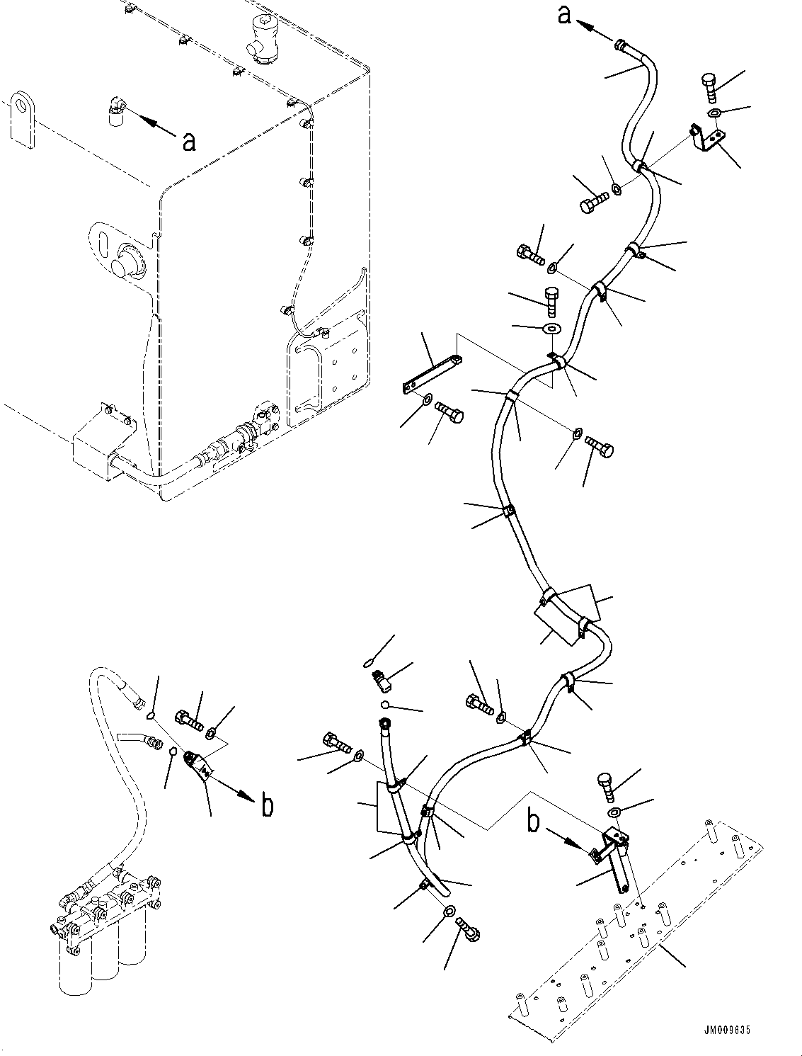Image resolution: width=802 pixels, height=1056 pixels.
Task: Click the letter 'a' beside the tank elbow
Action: (190, 142)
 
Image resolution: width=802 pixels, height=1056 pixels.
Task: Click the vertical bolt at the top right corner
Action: (711, 88)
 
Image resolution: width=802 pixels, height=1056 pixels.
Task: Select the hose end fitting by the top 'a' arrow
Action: (621, 47)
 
